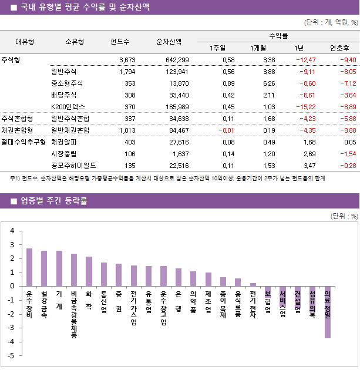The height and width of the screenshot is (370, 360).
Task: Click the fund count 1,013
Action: click(x=126, y=130)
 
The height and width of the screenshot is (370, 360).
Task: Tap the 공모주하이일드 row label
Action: click(x=73, y=165)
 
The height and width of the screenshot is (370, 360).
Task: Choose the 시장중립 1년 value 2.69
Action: click(x=307, y=153)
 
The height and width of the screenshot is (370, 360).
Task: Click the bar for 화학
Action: click(x=89, y=271)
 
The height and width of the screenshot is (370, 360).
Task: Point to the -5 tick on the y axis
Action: click(x=12, y=356)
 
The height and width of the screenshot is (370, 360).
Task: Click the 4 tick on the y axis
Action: click(x=12, y=230)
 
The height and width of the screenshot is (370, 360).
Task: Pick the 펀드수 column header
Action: click(x=120, y=42)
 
